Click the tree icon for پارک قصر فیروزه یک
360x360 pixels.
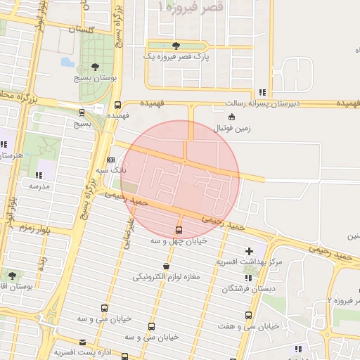(x=176, y=45)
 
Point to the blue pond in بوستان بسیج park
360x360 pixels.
(x=68, y=62)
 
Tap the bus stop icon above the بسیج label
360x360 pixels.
(x=82, y=112)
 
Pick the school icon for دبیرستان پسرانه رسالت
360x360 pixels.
(x=262, y=92)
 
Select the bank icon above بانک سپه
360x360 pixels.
(x=110, y=160)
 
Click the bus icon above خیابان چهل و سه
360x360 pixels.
(x=178, y=230)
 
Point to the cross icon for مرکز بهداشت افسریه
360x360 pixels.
(x=249, y=251)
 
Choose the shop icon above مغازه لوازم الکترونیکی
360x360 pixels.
(x=166, y=266)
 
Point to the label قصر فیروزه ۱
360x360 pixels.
(x=194, y=6)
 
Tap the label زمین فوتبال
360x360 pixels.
(x=231, y=129)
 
